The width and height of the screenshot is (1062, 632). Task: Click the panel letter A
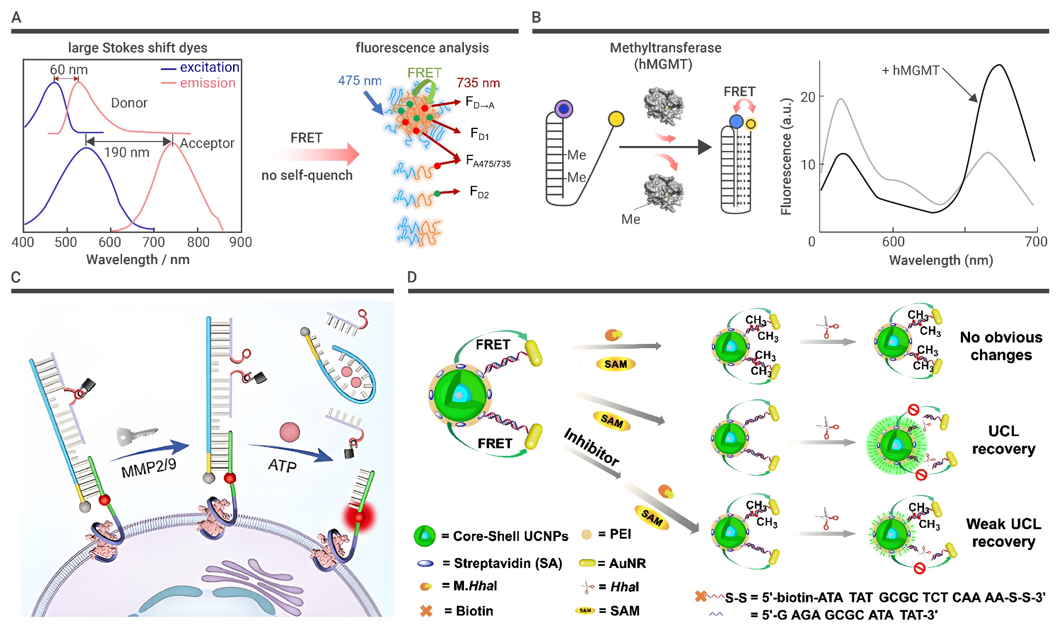coord(16,17)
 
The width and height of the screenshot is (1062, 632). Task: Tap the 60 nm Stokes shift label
coord(69,69)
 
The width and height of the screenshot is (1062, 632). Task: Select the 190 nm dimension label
coord(127,152)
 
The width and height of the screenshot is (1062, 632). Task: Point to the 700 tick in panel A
coord(153,242)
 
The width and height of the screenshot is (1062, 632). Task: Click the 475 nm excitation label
coord(360,81)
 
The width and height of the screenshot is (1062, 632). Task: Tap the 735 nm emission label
coord(478,83)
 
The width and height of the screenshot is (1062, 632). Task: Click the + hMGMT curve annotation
coord(910,70)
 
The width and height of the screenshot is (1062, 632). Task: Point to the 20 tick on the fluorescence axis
coord(808,97)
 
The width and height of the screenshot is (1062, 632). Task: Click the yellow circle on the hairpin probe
coord(616,119)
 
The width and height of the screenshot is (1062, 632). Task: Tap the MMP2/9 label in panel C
coord(149,468)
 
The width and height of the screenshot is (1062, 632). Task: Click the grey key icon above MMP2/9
coord(136,437)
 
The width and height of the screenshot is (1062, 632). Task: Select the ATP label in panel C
coord(283,466)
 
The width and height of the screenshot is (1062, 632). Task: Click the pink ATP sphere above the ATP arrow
coord(290,432)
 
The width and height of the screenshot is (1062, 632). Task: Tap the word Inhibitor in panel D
coord(591,447)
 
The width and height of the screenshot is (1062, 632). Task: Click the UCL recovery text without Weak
coord(1004,440)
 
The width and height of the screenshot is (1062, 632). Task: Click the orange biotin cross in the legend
coord(426,611)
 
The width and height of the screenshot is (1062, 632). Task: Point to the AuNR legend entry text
coord(627,563)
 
